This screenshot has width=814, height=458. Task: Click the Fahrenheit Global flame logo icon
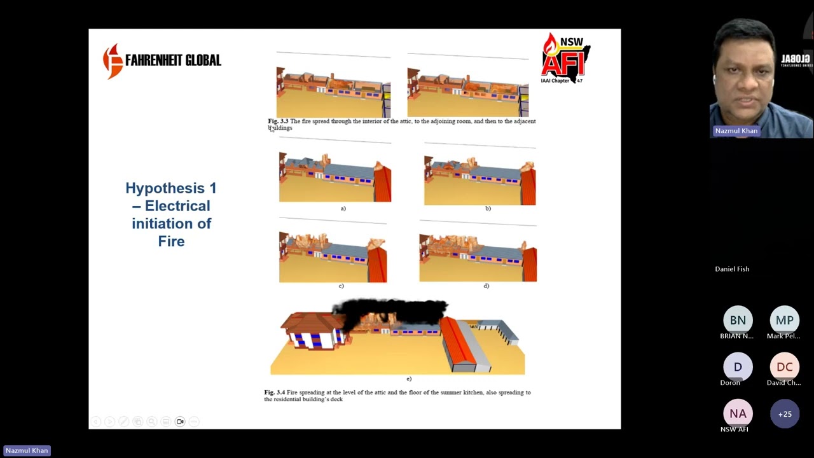113,61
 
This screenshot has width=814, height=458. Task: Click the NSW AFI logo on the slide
565,59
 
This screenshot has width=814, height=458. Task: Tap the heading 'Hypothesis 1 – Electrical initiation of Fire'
171,214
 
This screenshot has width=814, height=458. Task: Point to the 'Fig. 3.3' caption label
278,121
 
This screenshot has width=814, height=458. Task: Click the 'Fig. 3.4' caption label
274,392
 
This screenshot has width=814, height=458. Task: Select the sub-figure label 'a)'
343,209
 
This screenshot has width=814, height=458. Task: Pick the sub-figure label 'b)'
488,209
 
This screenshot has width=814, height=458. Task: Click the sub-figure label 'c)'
341,286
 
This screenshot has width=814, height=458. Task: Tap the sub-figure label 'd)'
486,286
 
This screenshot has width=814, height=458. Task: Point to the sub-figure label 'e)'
408,379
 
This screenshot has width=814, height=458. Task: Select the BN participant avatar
738,320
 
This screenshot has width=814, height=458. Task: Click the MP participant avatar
784,320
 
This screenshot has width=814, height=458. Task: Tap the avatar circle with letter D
738,367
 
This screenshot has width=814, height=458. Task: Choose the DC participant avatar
784,367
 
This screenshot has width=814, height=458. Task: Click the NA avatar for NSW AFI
738,413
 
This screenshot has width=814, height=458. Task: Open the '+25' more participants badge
784,413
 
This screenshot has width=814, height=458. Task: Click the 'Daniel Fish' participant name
732,269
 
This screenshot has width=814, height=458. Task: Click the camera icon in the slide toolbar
180,422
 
